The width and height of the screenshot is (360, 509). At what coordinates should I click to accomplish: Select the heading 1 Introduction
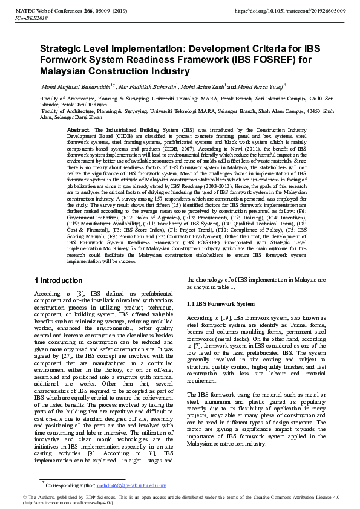[59, 280]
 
